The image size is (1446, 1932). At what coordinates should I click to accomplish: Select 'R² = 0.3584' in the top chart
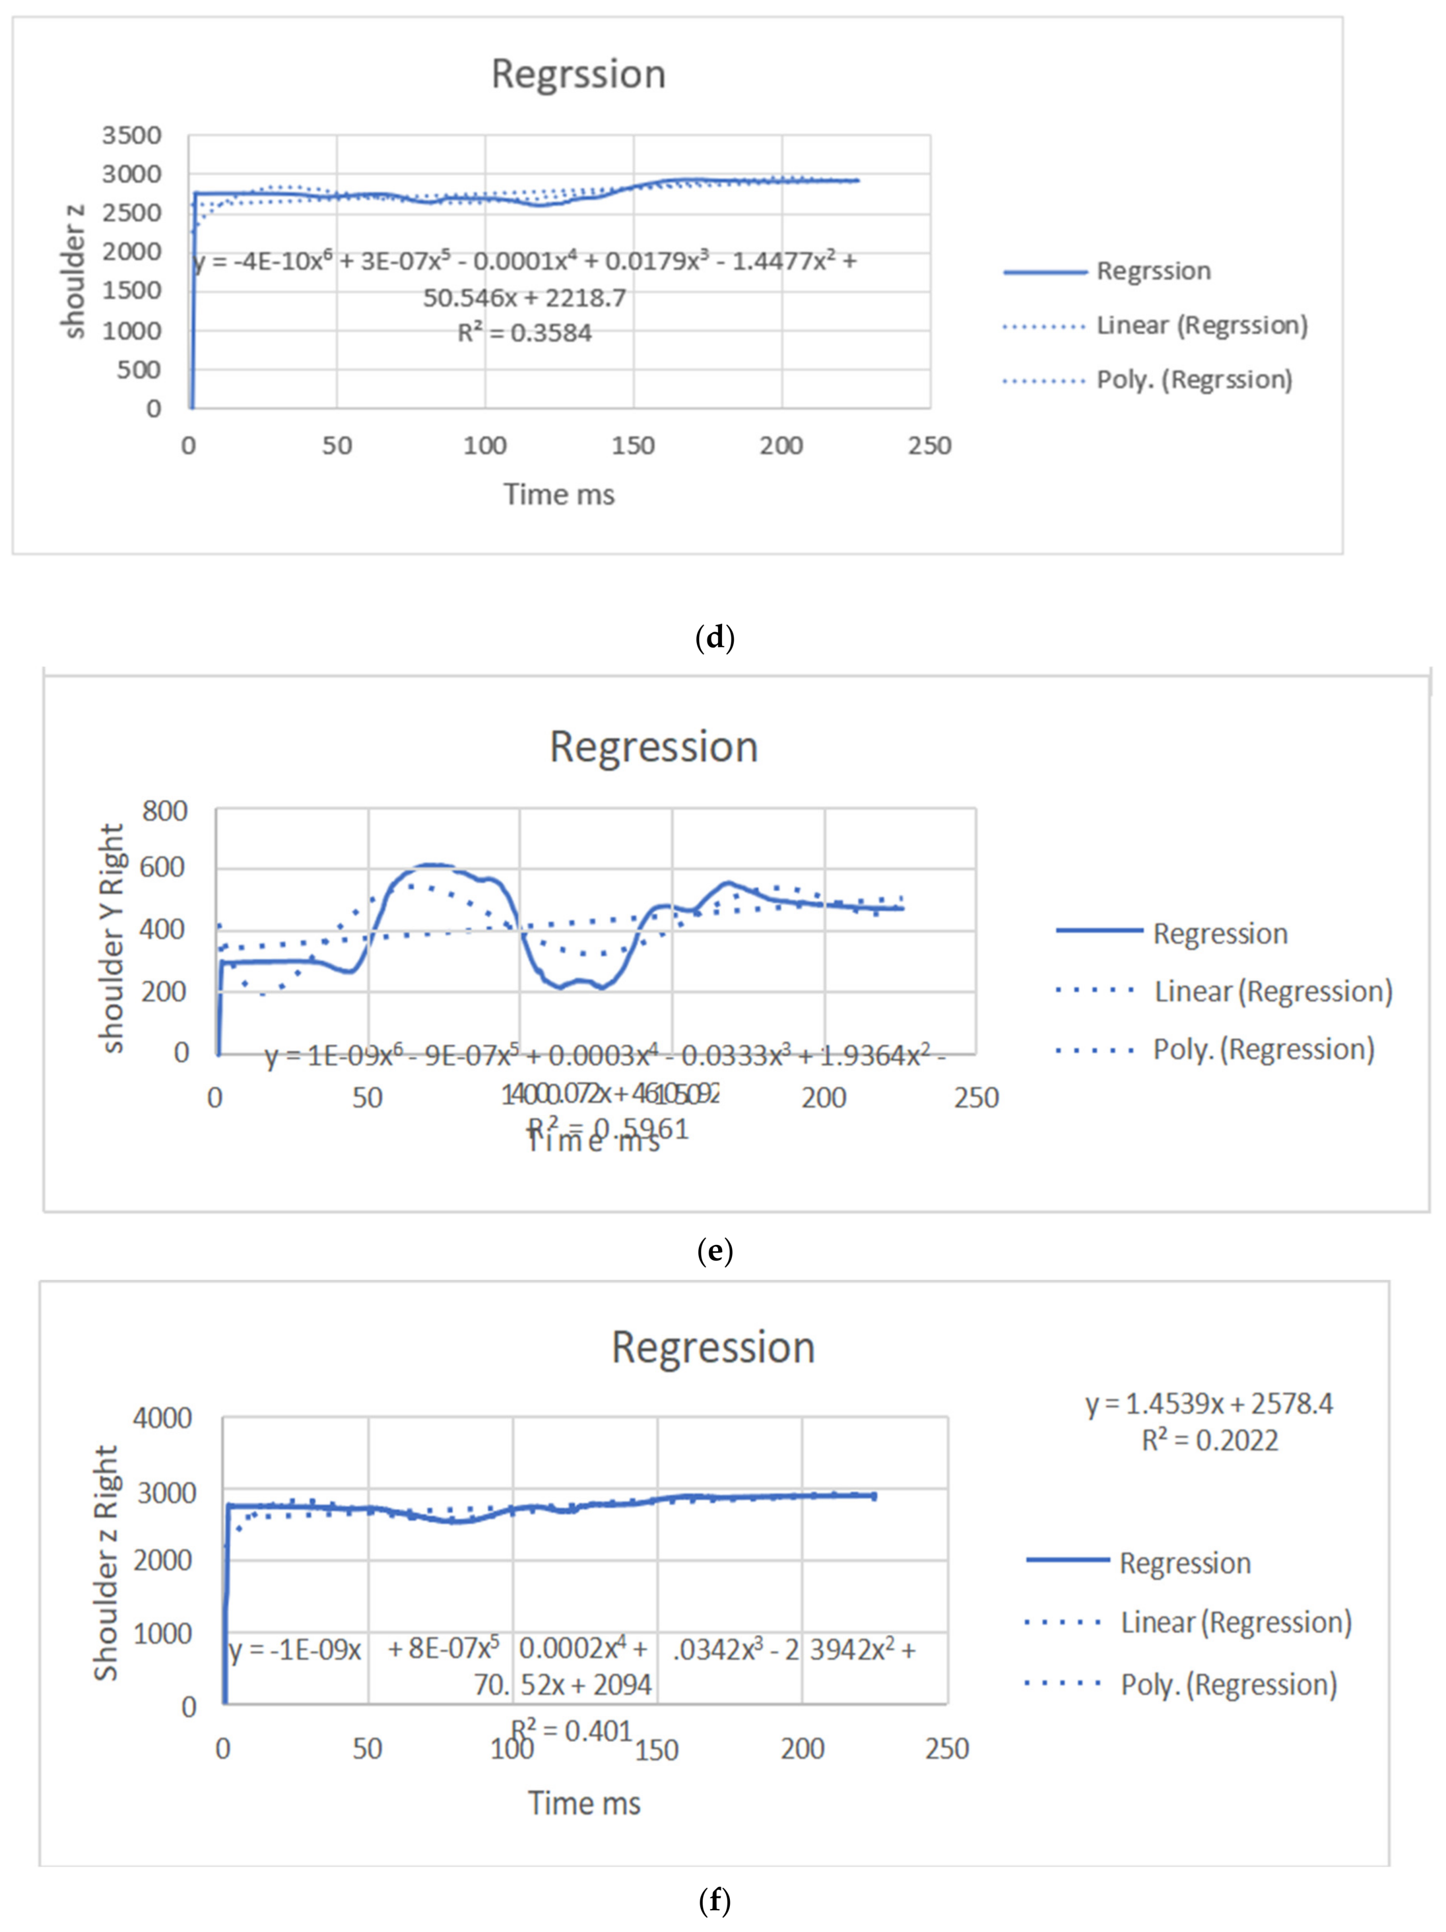coord(524,333)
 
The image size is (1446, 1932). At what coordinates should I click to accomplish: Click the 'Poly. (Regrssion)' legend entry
coord(1194,380)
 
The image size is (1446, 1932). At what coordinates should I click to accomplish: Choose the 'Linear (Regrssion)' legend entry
coord(1201,325)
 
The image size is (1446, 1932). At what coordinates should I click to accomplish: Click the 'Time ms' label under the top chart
coord(559,494)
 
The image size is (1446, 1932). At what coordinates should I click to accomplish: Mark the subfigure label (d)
coord(715,638)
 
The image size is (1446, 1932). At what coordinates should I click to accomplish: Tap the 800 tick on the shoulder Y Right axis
coord(164,811)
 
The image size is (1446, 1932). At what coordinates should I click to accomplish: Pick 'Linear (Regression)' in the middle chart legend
coord(1272,991)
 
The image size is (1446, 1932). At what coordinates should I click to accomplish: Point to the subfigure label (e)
coord(715,1251)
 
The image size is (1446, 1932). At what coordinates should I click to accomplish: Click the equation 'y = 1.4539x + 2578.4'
coord(1209,1404)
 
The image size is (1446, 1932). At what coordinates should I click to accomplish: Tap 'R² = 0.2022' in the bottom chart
coord(1209,1440)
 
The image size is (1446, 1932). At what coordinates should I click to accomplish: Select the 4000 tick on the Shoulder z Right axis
coord(163,1418)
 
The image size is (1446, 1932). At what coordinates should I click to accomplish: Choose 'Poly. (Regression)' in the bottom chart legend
coord(1229,1685)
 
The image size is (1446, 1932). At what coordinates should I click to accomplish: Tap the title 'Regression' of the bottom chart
coord(713,1348)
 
